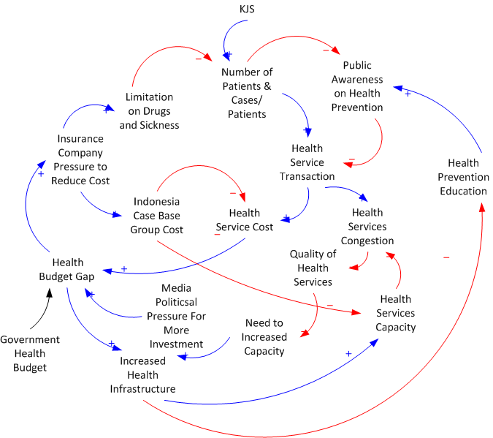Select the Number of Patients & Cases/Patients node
click(247, 93)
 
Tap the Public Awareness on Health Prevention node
click(356, 86)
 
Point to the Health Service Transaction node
click(307, 162)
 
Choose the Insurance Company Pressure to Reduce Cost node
click(80, 159)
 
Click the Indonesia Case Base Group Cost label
click(157, 215)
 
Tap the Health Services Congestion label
click(367, 227)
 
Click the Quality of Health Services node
click(313, 268)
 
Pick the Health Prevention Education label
click(463, 177)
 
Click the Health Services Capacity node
click(396, 312)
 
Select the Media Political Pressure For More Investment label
click(176, 316)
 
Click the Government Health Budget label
click(29, 353)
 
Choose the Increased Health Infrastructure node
click(143, 374)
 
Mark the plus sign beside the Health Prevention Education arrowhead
click(408, 94)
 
